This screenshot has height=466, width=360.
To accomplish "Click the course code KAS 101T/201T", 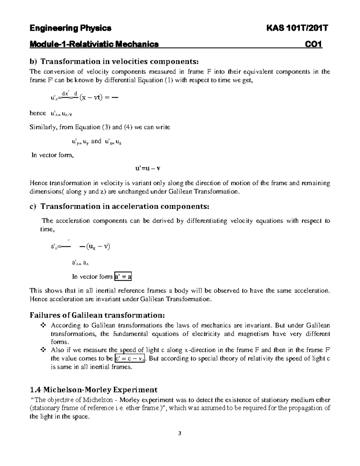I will pyautogui.click(x=297, y=28).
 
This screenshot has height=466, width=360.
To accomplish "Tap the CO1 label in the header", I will pyautogui.click(x=313, y=44).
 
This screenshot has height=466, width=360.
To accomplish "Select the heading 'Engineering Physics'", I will pyautogui.click(x=70, y=28).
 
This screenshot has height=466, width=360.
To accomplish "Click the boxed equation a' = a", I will pyautogui.click(x=123, y=277).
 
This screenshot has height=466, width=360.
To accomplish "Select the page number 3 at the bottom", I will pyautogui.click(x=180, y=433).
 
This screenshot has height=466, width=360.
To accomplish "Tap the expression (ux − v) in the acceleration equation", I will pyautogui.click(x=98, y=247).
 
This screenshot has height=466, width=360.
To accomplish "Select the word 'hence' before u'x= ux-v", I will pyautogui.click(x=38, y=113).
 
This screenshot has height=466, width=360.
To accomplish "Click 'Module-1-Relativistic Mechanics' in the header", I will pyautogui.click(x=94, y=44).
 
